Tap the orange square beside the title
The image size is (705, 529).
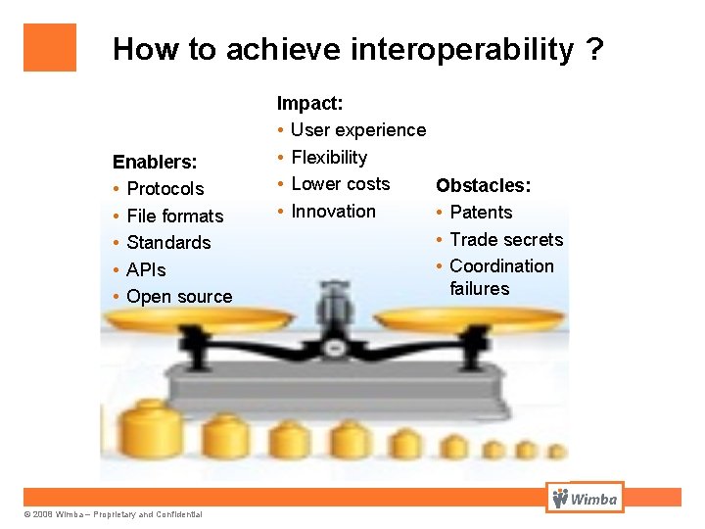(x=49, y=47)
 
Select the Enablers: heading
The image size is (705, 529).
(x=155, y=162)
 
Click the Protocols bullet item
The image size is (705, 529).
(x=164, y=189)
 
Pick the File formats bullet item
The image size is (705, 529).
(x=174, y=216)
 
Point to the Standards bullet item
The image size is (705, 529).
(x=168, y=242)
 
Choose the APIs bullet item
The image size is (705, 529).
(x=146, y=269)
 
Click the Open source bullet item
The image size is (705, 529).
(x=179, y=296)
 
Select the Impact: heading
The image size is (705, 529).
(x=309, y=103)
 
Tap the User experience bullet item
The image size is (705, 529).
(x=358, y=130)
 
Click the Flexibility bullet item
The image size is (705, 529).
(x=329, y=157)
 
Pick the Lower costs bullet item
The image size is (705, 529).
(x=340, y=184)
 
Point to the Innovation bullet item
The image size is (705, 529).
(x=333, y=211)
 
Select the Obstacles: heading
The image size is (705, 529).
(x=484, y=185)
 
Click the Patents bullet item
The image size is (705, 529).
(x=481, y=212)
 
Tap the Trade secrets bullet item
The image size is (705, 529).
(x=506, y=239)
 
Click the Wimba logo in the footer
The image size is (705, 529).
(x=585, y=499)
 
